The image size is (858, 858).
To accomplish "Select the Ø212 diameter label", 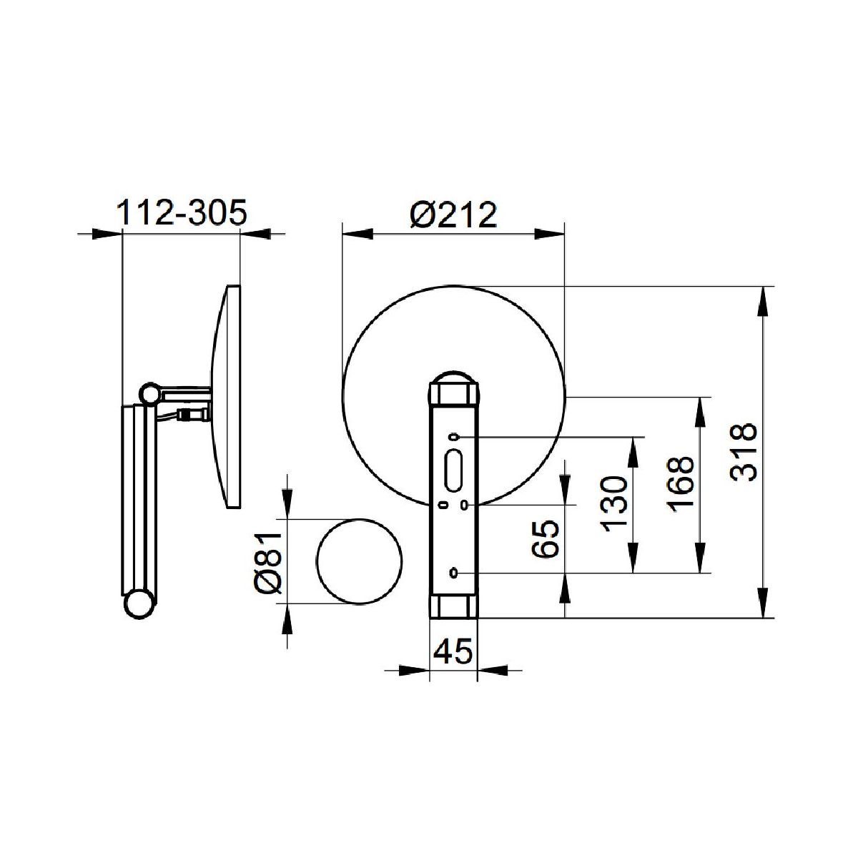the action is point(453,215).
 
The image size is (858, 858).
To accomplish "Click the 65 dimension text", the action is point(546,538).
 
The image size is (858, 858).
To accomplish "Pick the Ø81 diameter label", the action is point(268,563).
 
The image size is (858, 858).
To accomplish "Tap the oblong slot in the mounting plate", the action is point(453,470).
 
